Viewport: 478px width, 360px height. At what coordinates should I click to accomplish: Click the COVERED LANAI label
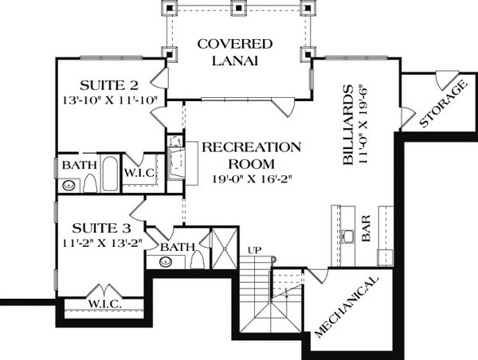pos(236,52)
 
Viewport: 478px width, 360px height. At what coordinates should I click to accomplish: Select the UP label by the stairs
pos(256,248)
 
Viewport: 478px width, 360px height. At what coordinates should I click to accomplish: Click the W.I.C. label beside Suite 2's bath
pos(161,171)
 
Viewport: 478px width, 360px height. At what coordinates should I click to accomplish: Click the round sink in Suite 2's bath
pos(70,186)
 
